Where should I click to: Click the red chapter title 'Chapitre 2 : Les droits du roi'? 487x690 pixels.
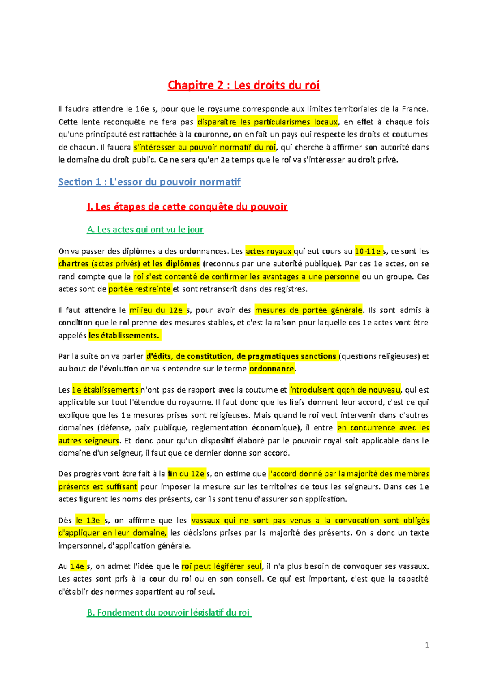(243, 85)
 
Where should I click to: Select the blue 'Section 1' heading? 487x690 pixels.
(149, 182)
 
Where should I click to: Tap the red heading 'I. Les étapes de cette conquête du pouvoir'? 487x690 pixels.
(187, 207)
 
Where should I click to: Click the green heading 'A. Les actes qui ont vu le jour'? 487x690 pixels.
(145, 230)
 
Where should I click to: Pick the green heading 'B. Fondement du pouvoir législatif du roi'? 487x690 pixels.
(169, 612)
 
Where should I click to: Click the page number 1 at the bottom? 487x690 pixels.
(427, 645)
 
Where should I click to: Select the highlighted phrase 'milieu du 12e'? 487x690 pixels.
(157, 310)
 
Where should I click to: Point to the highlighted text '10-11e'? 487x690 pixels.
(368, 251)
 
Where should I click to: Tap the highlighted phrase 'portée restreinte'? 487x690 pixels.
(140, 289)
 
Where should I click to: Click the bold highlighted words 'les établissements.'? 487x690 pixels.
(124, 336)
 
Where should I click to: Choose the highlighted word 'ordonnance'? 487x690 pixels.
(272, 369)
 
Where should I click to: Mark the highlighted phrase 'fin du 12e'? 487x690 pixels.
(186, 473)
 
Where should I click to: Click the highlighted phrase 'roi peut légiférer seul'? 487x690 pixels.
(222, 566)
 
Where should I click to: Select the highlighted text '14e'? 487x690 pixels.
(78, 566)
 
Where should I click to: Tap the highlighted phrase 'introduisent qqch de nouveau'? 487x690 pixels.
(345, 390)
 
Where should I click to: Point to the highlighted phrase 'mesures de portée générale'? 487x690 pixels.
(308, 310)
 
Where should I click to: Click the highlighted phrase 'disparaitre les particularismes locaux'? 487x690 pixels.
(267, 122)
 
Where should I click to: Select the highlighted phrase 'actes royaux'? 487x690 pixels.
(269, 251)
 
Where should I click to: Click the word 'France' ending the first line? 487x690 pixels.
(414, 109)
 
